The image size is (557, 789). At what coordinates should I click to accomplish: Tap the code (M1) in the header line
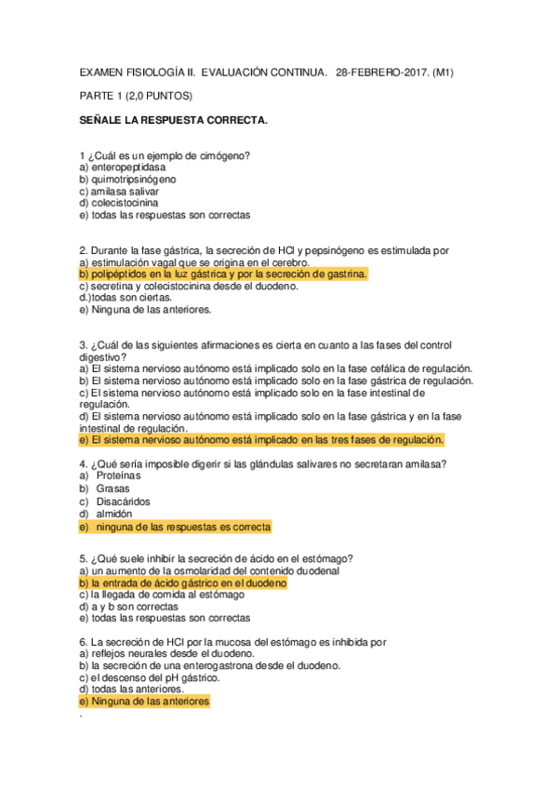coord(462,72)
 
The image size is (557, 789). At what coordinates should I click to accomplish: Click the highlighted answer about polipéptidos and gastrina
coord(223,274)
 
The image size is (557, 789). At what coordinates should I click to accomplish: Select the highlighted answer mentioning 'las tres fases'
coord(262,440)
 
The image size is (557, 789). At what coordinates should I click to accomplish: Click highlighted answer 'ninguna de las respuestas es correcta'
coord(175,527)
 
